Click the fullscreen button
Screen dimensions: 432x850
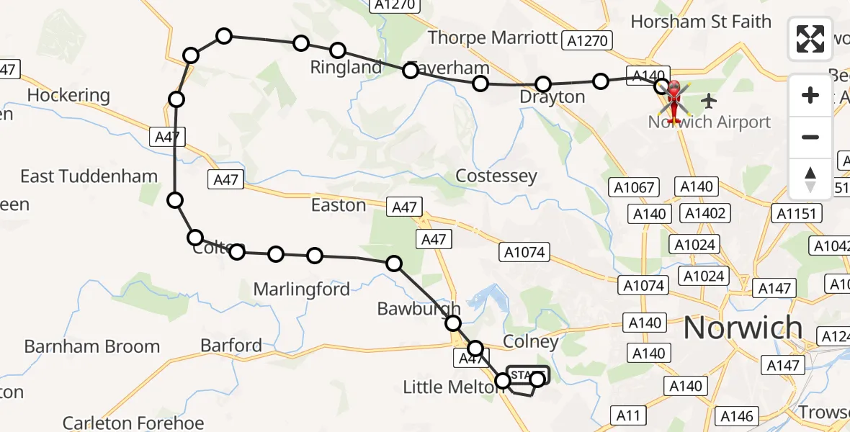pyautogui.click(x=810, y=39)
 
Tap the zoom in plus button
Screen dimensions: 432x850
pyautogui.click(x=810, y=96)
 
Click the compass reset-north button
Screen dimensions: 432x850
pyautogui.click(x=810, y=179)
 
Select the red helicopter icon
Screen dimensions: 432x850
pyautogui.click(x=674, y=101)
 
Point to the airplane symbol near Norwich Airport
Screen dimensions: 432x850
pyautogui.click(x=709, y=99)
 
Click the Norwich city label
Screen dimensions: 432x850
pyautogui.click(x=742, y=328)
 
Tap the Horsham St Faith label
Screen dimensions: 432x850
pyautogui.click(x=700, y=22)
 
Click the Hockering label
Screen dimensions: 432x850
pyautogui.click(x=68, y=95)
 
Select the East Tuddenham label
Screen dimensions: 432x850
pyautogui.click(x=89, y=176)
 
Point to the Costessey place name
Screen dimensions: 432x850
pyautogui.click(x=496, y=176)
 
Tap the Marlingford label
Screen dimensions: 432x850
pyautogui.click(x=301, y=289)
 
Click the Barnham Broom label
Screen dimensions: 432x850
pyautogui.click(x=91, y=346)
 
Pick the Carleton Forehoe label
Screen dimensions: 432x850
pyautogui.click(x=133, y=422)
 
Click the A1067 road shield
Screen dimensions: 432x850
pyautogui.click(x=634, y=188)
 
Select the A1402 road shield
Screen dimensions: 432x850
pyautogui.click(x=706, y=213)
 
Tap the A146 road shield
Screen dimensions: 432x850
pyautogui.click(x=736, y=415)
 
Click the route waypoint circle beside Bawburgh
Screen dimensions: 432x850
pyautogui.click(x=452, y=324)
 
